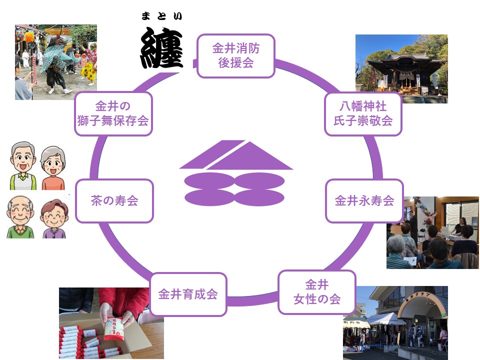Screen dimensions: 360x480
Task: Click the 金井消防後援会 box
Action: coord(236,56)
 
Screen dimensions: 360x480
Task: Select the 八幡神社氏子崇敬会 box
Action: coord(363,114)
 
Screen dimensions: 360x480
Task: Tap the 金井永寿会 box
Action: coord(364,201)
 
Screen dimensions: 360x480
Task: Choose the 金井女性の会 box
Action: coord(316,292)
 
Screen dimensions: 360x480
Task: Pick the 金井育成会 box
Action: coord(188,294)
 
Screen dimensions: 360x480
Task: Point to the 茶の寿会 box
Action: coord(114,201)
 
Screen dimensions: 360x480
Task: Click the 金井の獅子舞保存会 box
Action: coord(113,114)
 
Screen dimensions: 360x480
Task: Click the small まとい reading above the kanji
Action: coord(161,16)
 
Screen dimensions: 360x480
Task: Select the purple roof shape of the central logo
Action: coord(235,156)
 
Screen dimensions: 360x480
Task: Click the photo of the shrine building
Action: coord(401,69)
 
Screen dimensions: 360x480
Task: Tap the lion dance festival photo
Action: coord(55,62)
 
